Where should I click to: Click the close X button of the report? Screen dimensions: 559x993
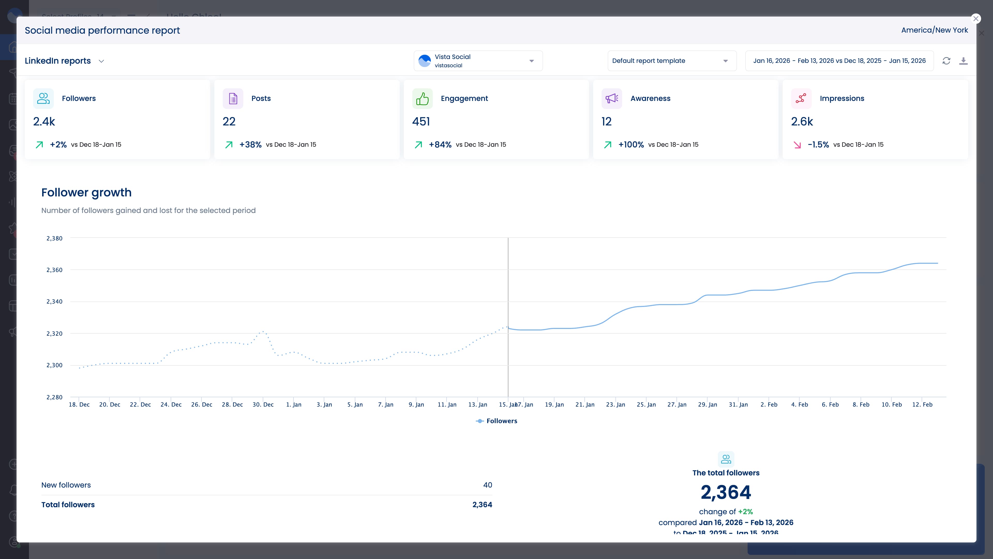(x=976, y=19)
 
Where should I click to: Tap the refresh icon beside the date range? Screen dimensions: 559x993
(x=946, y=61)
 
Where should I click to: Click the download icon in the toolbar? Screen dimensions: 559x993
(x=963, y=61)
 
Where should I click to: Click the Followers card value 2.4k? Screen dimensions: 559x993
(x=44, y=122)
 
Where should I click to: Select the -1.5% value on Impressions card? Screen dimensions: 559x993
(x=818, y=145)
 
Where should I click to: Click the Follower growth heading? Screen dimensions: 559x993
(x=86, y=193)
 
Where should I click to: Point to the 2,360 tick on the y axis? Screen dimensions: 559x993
(x=54, y=270)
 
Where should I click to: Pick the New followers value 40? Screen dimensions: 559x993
(x=487, y=485)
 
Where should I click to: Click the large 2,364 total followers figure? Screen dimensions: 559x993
(x=725, y=492)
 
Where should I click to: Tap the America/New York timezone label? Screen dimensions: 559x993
(x=934, y=30)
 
